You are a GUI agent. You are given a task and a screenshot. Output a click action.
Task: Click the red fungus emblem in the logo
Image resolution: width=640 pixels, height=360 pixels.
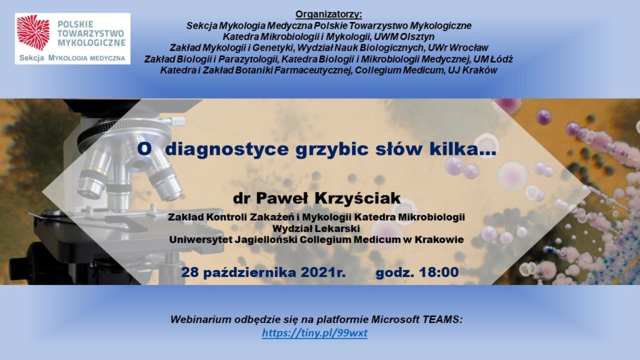pyautogui.click(x=33, y=32)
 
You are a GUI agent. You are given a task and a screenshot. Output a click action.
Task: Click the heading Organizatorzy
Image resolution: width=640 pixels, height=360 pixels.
pyautogui.click(x=329, y=14)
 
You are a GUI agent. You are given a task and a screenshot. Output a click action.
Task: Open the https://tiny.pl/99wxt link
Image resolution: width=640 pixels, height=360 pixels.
pyautogui.click(x=315, y=333)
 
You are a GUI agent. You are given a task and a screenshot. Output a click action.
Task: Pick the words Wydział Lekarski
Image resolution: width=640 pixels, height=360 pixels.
pyautogui.click(x=316, y=228)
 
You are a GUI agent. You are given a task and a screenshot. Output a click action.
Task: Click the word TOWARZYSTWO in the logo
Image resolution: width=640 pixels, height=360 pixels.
pyautogui.click(x=91, y=33)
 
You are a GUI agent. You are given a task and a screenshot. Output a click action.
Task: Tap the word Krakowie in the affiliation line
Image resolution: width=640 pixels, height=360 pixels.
pyautogui.click(x=439, y=239)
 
